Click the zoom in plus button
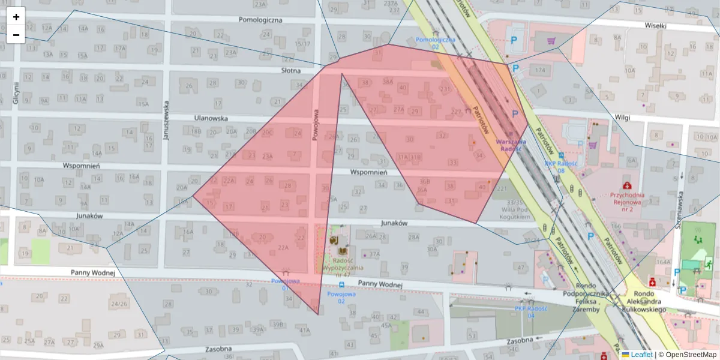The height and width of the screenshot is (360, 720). (x=16, y=17)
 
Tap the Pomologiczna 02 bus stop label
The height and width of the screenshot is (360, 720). (x=436, y=43)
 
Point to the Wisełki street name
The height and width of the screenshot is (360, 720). (x=655, y=26)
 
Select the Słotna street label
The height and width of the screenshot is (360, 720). (x=291, y=70)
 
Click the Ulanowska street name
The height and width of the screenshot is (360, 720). (x=211, y=118)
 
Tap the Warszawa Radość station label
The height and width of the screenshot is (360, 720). (x=512, y=146)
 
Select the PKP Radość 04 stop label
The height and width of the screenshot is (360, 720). (x=530, y=312)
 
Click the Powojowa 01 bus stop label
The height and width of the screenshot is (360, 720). (x=285, y=283)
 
